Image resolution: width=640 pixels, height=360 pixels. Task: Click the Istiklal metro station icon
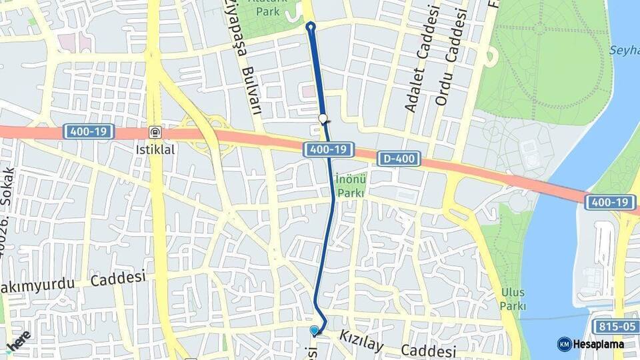[155, 132]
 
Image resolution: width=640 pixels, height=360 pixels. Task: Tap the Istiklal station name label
[155, 149]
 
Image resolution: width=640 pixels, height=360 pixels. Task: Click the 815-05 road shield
[613, 326]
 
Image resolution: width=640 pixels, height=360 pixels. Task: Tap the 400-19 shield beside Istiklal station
[89, 132]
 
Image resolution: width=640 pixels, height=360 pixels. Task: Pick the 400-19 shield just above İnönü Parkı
[329, 150]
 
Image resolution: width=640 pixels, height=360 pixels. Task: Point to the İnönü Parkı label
[349, 185]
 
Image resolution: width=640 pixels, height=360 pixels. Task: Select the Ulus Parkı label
[513, 299]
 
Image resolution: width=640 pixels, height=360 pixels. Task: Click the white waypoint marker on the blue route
[323, 119]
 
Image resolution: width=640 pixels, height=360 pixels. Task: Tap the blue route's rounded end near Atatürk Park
[310, 27]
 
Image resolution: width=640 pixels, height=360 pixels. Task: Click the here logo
[18, 341]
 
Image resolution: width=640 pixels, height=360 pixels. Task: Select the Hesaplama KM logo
[590, 344]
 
